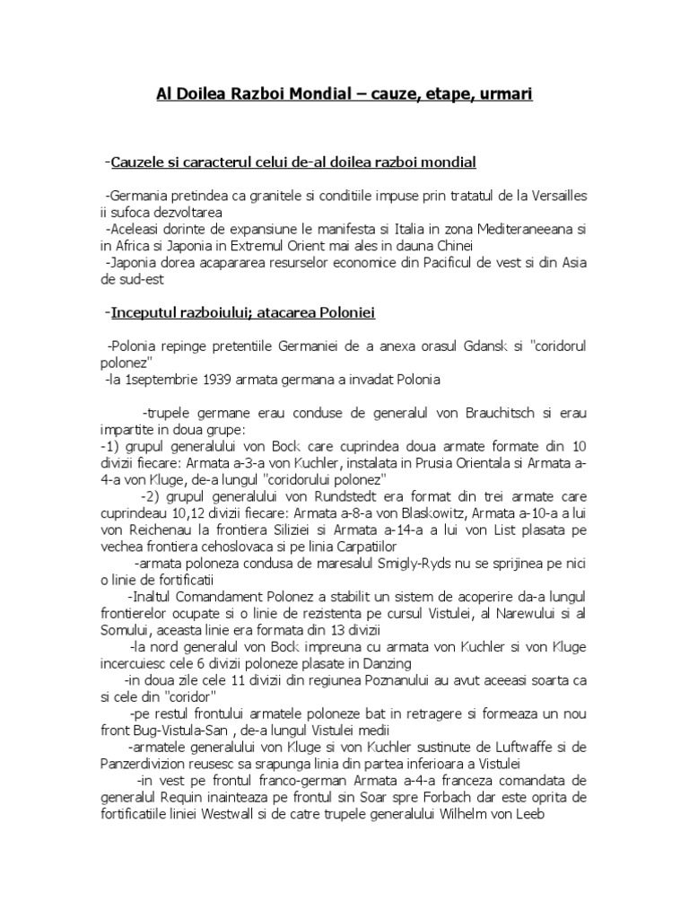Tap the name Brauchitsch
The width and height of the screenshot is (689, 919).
506,413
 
